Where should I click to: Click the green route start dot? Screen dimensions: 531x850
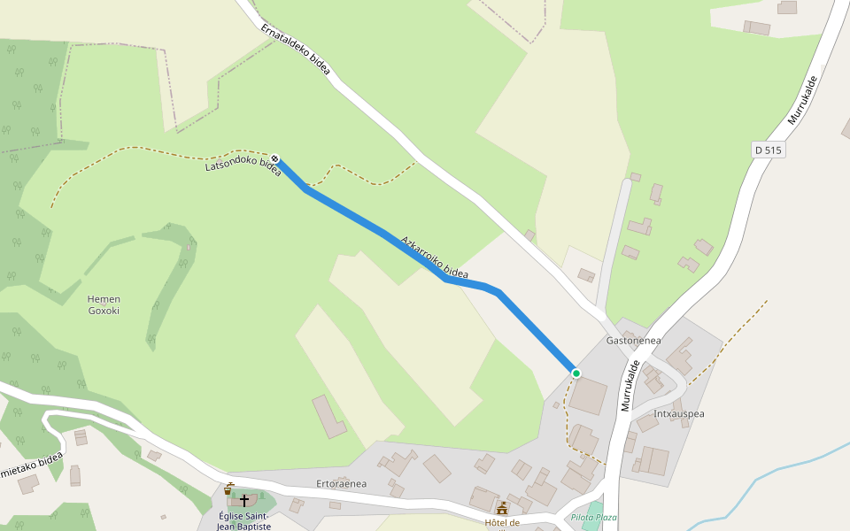576,373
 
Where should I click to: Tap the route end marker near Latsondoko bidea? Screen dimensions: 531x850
276,159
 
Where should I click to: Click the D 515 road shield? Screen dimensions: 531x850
769,150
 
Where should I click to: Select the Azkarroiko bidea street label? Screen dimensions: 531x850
434,258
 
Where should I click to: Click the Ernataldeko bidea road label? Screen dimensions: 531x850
296,50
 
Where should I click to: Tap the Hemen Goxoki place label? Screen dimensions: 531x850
104,304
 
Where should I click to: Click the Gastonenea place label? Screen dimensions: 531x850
633,340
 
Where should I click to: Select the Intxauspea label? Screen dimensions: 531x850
679,413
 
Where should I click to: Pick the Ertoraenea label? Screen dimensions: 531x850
341,483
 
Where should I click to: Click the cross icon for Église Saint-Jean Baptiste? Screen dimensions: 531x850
244,500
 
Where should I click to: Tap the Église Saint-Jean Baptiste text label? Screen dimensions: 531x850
244,520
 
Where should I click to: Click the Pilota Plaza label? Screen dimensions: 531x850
593,517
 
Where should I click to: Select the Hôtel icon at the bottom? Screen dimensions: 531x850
502,508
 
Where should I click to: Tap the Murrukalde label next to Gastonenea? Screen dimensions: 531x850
630,386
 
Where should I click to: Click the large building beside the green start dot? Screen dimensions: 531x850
588,396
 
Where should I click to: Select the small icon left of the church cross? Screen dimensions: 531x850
228,489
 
